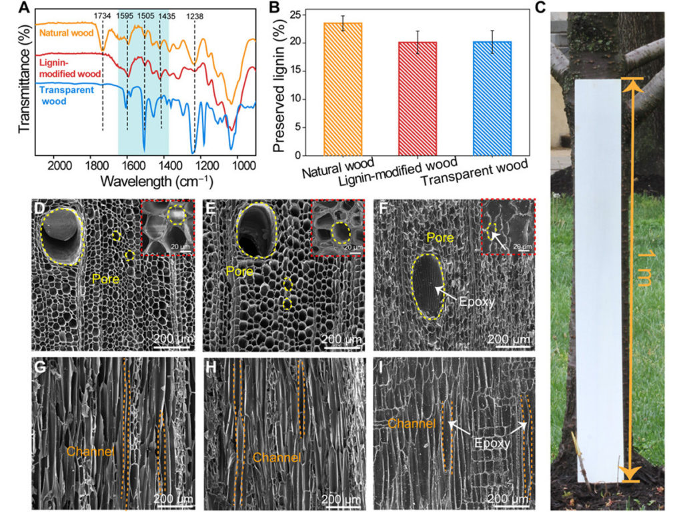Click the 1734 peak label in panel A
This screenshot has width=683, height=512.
click(102, 13)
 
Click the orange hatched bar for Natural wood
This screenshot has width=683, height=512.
click(343, 89)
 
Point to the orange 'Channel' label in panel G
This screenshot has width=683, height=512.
click(89, 451)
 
